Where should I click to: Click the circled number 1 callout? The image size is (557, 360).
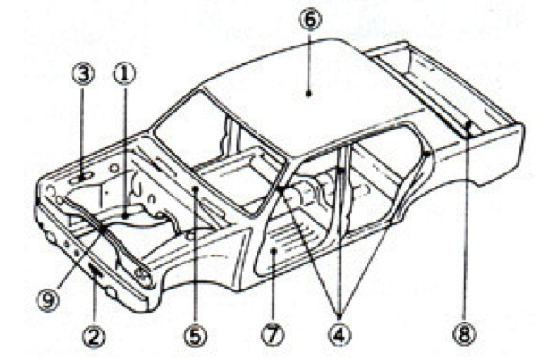pyautogui.click(x=124, y=74)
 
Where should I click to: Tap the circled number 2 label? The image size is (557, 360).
pyautogui.click(x=94, y=336)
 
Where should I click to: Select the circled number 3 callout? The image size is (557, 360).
pyautogui.click(x=84, y=74)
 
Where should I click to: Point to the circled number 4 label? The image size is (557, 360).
pyautogui.click(x=340, y=336)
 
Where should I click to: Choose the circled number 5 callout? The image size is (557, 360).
pyautogui.click(x=196, y=336)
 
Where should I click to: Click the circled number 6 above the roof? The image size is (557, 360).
pyautogui.click(x=309, y=20)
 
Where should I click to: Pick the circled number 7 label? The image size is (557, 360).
pyautogui.click(x=274, y=336)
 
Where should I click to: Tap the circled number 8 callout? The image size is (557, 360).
pyautogui.click(x=465, y=335)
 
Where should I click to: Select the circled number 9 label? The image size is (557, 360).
pyautogui.click(x=48, y=301)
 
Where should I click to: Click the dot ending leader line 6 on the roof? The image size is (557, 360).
pyautogui.click(x=308, y=94)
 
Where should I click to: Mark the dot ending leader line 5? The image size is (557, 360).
pyautogui.click(x=195, y=189)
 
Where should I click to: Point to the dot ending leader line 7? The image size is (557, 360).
pyautogui.click(x=274, y=251)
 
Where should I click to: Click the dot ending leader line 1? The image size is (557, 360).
pyautogui.click(x=125, y=215)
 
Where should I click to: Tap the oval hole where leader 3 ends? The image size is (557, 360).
pyautogui.click(x=82, y=177)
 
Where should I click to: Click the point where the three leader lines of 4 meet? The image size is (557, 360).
pyautogui.click(x=340, y=315)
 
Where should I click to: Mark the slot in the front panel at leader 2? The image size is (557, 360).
pyautogui.click(x=96, y=272)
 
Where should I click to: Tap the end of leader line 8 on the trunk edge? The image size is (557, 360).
pyautogui.click(x=468, y=125)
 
